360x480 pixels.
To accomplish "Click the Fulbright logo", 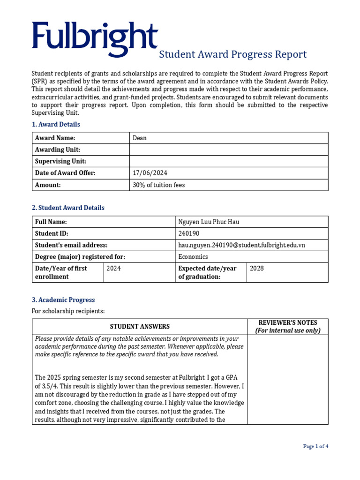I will point(94,37).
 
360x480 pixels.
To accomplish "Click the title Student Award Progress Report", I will point(233,54).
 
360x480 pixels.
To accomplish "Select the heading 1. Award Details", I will point(56,124).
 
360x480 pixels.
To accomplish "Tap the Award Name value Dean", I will point(140,138).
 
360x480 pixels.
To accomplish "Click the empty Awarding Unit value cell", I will point(229,150).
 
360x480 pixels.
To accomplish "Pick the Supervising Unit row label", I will point(60,161).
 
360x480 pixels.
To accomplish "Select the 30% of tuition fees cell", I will point(159,185).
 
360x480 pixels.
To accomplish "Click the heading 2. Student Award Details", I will point(68,208).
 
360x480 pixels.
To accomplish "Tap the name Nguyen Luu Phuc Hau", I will point(209,222).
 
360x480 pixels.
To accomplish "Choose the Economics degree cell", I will point(193,257).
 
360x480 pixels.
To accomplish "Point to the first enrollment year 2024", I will point(113,269).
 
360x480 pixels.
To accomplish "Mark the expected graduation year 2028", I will point(257,269).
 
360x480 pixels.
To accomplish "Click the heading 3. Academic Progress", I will point(63,300).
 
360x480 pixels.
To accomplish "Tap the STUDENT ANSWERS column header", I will point(140,327).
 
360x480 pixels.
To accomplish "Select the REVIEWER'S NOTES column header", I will point(288,326).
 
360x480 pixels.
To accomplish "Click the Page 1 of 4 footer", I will point(315,446).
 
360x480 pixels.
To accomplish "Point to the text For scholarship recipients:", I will point(68,311).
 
